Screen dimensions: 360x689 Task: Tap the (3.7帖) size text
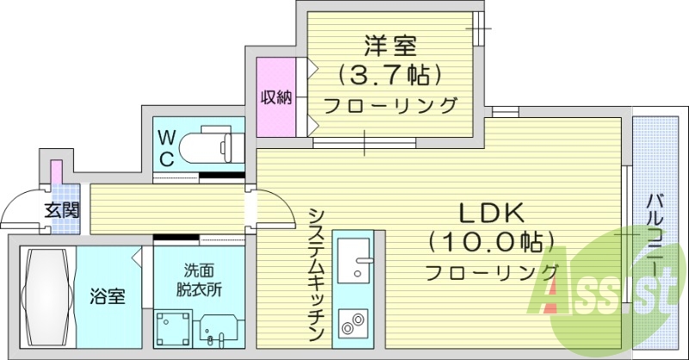click(x=389, y=75)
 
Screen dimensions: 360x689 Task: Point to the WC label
click(x=167, y=148)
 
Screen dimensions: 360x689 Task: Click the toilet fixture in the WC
click(x=211, y=144)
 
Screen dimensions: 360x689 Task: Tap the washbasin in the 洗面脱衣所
click(x=220, y=330)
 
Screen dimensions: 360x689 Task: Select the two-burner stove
click(x=352, y=326)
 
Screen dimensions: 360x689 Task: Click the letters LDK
click(x=491, y=212)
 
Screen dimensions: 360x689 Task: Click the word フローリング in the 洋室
click(x=389, y=106)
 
